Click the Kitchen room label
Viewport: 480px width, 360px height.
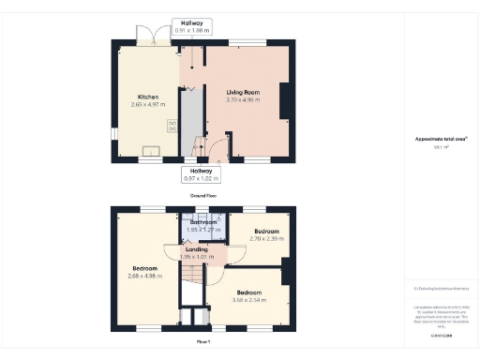click(x=148, y=97)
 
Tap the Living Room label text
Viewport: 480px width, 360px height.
click(x=242, y=92)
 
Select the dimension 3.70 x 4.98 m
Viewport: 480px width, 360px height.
click(x=242, y=99)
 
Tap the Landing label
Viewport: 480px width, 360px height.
click(x=197, y=248)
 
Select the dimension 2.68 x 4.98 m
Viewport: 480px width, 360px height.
click(x=146, y=276)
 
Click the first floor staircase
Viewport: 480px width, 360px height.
click(x=191, y=277)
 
